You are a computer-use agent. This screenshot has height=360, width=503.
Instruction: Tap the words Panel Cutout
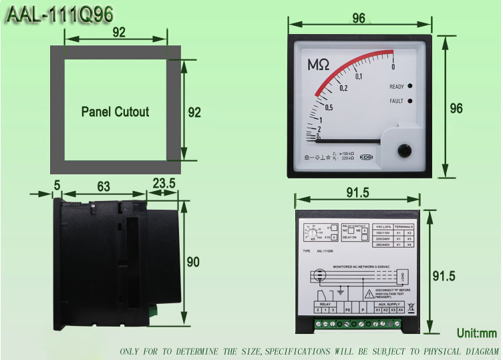[116, 112]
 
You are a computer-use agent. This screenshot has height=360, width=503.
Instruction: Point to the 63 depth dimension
[103, 187]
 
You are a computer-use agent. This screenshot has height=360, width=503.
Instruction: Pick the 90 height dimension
[192, 262]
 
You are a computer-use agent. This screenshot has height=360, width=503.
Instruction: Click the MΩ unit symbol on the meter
[318, 65]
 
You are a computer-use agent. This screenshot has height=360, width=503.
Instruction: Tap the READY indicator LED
[409, 86]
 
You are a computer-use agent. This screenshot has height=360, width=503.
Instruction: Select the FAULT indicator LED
[409, 101]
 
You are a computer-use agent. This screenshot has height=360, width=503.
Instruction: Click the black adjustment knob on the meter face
[403, 150]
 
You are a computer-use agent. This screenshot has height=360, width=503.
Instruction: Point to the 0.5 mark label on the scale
[329, 108]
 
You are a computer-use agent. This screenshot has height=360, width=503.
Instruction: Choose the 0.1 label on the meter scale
[359, 75]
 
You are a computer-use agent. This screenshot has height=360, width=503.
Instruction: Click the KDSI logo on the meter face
[367, 158]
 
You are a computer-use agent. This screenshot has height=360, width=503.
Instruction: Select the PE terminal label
[347, 310]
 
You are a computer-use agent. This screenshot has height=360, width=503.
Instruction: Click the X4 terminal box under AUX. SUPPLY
[401, 310]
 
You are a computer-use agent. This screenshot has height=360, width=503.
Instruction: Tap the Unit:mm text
[477, 333]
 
